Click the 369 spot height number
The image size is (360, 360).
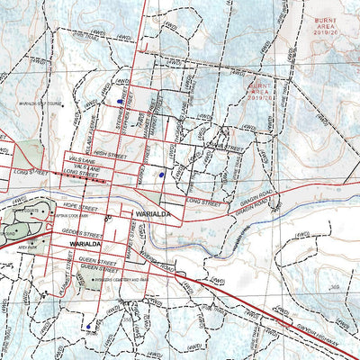335,287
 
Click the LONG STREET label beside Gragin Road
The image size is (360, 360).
204,202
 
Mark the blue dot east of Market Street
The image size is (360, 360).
161,174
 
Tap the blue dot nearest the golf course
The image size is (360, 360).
120,103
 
